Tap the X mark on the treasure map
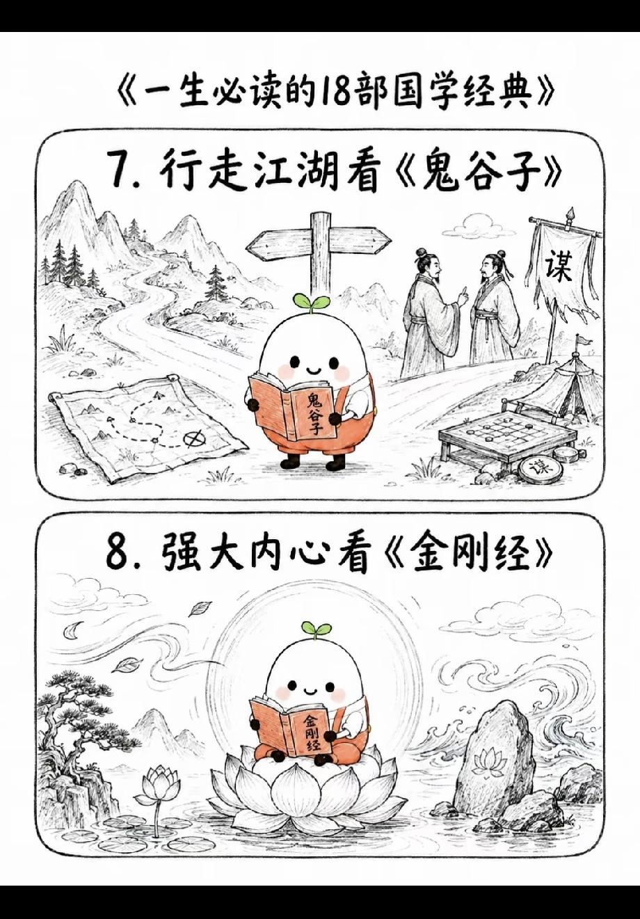pos(195,439)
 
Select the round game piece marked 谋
pos(539,467)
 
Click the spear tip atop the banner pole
pos(570,214)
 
